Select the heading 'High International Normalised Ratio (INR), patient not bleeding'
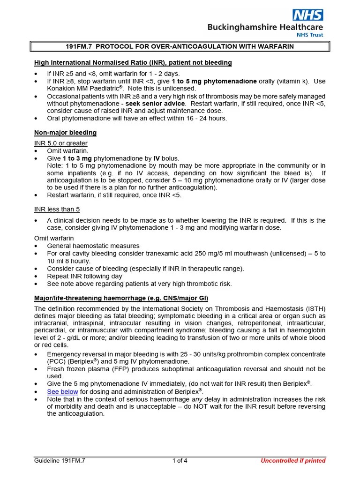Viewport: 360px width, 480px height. click(x=133, y=62)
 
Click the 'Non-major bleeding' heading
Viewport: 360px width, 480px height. click(x=65, y=133)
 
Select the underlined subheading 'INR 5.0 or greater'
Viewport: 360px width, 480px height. click(x=61, y=143)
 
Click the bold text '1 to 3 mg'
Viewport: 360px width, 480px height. click(x=77, y=158)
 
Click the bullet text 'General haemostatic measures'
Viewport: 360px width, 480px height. click(x=93, y=246)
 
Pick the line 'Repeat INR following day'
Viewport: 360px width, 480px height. click(x=84, y=276)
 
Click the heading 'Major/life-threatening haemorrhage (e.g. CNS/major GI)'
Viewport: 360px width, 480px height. click(x=121, y=298)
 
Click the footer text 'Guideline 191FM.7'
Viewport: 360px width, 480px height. click(x=60, y=460)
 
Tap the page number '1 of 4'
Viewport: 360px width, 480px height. click(x=180, y=460)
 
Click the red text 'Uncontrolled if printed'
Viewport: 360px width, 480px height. click(x=293, y=460)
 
